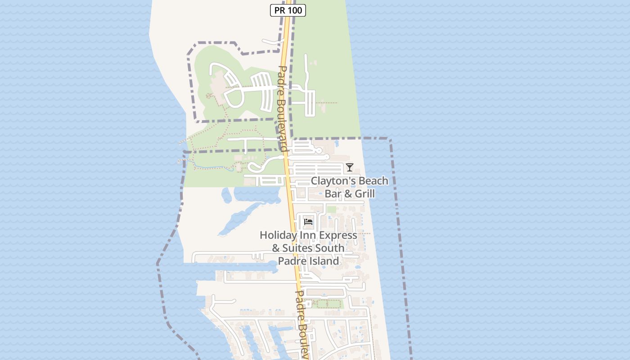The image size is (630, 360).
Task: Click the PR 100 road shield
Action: [288, 10]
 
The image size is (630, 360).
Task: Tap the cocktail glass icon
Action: [350, 167]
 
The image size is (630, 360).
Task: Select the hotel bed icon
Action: [308, 221]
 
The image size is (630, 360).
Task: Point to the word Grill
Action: [365, 194]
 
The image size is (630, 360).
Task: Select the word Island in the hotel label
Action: [322, 261]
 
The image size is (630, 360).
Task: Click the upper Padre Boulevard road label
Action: [282, 108]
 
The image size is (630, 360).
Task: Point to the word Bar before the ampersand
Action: [333, 194]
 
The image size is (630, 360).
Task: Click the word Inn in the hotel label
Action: [308, 235]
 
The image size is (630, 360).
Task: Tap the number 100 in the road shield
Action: [295, 10]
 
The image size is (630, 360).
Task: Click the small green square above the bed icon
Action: [331, 209]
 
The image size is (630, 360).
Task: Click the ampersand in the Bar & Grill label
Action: [348, 194]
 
